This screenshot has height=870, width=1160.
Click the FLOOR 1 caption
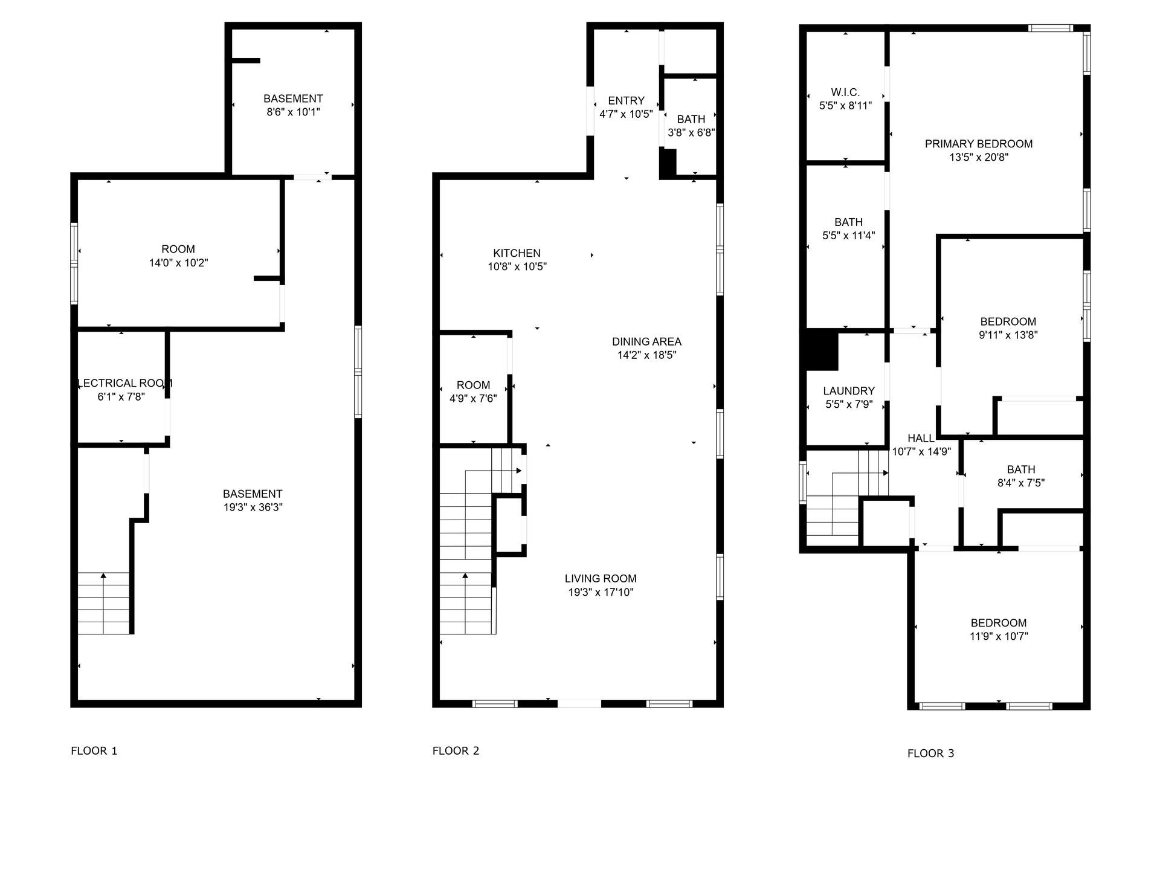point(94,751)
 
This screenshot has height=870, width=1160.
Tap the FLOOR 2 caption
point(456,751)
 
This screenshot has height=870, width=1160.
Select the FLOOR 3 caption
point(930,753)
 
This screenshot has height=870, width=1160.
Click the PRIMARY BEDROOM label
point(979,144)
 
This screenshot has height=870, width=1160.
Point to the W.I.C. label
point(845,92)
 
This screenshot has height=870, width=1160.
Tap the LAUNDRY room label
point(849,391)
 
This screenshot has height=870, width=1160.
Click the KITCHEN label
point(517,253)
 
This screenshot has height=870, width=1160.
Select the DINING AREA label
point(646,342)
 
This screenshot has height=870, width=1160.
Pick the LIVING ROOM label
point(601,579)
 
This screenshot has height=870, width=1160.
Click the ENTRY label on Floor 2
point(626,101)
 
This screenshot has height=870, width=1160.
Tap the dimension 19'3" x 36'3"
point(253,507)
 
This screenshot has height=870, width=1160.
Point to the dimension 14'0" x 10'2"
point(178,263)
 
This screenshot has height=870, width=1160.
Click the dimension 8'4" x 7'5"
point(1021,483)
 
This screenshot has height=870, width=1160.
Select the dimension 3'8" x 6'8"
point(691,132)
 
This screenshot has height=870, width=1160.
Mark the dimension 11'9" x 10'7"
point(999,636)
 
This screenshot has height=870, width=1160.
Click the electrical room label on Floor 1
point(125,383)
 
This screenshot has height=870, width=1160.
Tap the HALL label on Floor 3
point(921,439)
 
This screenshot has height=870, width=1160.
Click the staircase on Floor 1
point(104,603)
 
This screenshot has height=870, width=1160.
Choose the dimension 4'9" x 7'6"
point(473,399)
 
